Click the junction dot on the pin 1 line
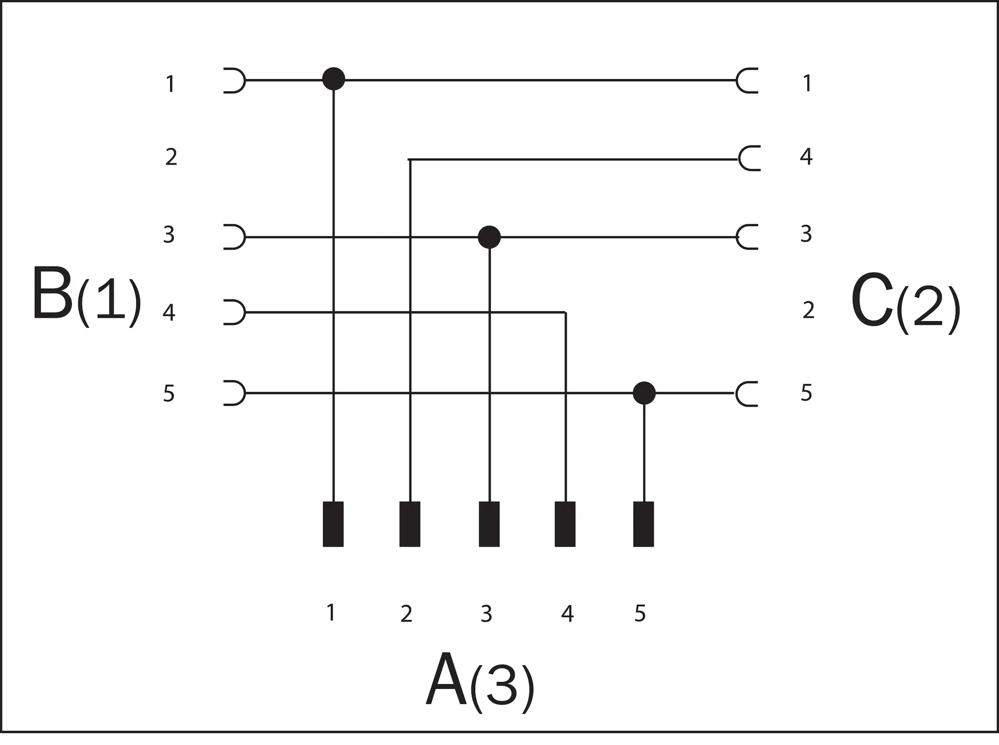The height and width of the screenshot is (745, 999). click(334, 79)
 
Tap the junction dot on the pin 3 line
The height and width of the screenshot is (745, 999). click(489, 237)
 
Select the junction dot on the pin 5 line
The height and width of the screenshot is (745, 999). click(644, 393)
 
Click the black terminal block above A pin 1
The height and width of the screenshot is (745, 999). click(333, 524)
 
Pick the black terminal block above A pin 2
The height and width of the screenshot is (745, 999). click(410, 524)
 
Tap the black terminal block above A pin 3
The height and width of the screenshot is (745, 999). click(489, 524)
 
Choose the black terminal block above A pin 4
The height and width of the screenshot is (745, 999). click(565, 524)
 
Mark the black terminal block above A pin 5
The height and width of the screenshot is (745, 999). click(644, 524)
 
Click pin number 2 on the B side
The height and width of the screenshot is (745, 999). click(171, 157)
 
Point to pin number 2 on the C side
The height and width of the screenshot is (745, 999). click(808, 310)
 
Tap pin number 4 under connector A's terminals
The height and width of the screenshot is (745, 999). click(567, 614)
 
